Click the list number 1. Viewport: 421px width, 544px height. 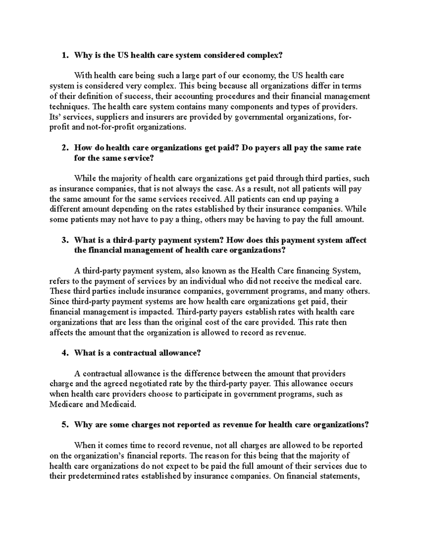tap(64, 55)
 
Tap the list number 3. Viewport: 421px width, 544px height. tap(64, 240)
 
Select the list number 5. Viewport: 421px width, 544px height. tap(64, 425)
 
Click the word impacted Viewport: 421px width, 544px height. tap(158, 312)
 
